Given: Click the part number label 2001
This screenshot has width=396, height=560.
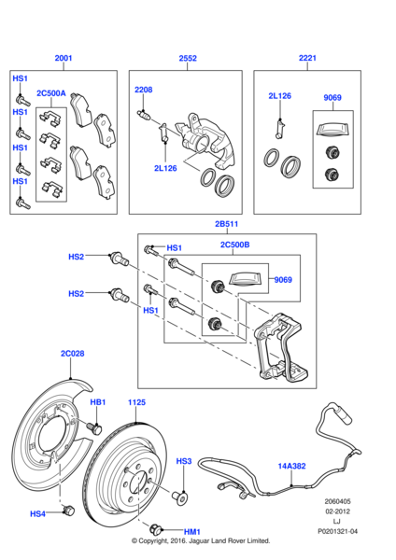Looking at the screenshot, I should pos(63,58).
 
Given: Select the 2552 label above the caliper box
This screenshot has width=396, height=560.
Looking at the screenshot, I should pos(188,58).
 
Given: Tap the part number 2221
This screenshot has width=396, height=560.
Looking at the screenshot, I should pos(308,58).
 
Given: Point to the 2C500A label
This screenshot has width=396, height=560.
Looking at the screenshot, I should pos(51,93).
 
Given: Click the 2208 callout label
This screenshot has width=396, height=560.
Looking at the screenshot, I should pos(142,90).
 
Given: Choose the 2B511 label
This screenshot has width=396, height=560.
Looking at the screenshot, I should pos(227,224).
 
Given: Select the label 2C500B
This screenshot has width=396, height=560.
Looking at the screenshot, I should pos(234,245).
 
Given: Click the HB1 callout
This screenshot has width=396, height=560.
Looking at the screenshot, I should pos(97,402).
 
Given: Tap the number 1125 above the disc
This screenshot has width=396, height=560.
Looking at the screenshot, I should pos(137,402).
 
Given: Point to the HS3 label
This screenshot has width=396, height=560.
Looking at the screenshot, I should pos(184,461).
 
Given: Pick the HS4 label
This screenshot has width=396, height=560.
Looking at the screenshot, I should pos(37,513).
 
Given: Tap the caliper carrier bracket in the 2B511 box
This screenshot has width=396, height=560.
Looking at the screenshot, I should pos(276,350).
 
